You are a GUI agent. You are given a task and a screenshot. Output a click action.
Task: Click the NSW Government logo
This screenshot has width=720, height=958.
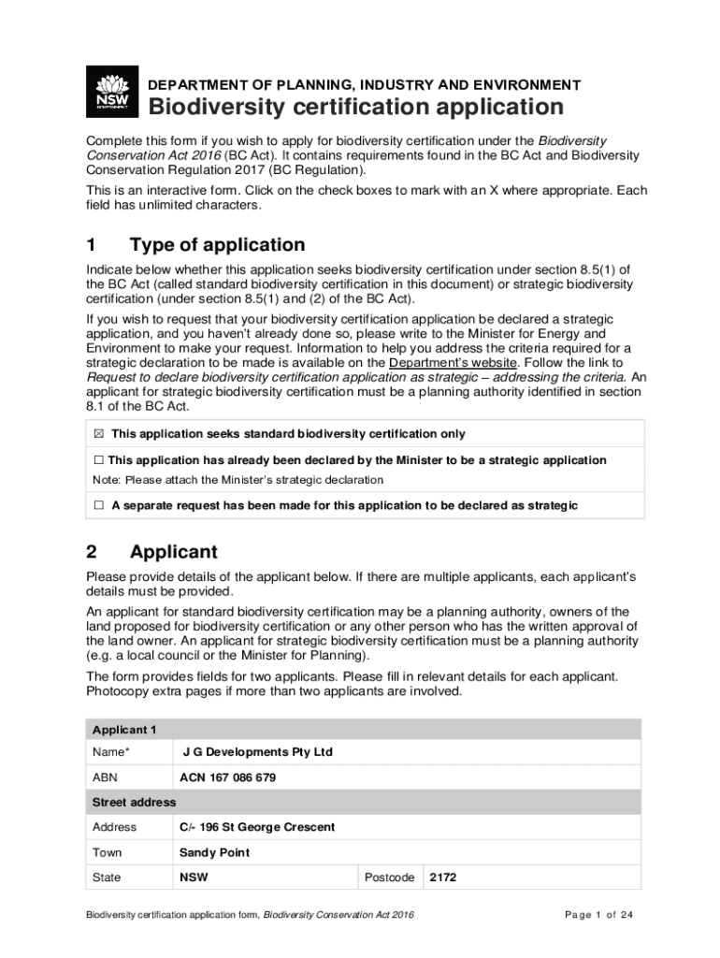(x=112, y=92)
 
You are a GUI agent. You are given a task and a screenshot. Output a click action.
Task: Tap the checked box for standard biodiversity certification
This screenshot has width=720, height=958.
(x=98, y=434)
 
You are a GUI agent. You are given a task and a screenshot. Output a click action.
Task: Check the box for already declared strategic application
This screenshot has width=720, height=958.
(x=98, y=460)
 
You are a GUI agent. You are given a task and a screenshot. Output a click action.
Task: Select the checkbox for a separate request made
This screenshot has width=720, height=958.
(x=98, y=505)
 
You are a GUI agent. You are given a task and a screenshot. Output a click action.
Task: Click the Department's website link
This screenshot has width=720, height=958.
(x=453, y=362)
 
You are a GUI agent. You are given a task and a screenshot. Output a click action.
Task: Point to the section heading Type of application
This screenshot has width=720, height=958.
(x=217, y=245)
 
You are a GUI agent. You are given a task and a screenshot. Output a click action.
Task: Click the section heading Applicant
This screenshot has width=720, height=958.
(x=174, y=552)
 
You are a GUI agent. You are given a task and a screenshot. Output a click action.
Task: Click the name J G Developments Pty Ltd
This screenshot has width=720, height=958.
(x=257, y=752)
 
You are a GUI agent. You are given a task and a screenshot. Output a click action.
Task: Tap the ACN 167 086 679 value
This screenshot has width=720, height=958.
(x=227, y=777)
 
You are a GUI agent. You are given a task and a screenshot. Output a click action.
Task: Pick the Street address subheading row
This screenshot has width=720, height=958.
(x=134, y=803)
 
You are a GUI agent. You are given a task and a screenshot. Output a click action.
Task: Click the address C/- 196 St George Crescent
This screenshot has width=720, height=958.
(x=257, y=827)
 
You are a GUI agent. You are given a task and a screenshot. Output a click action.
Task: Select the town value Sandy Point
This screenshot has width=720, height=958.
(x=214, y=853)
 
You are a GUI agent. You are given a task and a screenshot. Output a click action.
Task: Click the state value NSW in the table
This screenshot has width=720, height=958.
(x=194, y=878)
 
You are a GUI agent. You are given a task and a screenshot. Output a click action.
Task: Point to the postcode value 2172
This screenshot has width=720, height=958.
(x=443, y=878)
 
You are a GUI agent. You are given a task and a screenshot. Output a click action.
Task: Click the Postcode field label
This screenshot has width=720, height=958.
(x=389, y=878)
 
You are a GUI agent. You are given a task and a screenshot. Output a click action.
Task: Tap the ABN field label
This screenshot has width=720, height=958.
(x=105, y=777)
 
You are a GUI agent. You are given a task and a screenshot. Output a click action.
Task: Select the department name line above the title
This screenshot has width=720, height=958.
(x=365, y=84)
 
